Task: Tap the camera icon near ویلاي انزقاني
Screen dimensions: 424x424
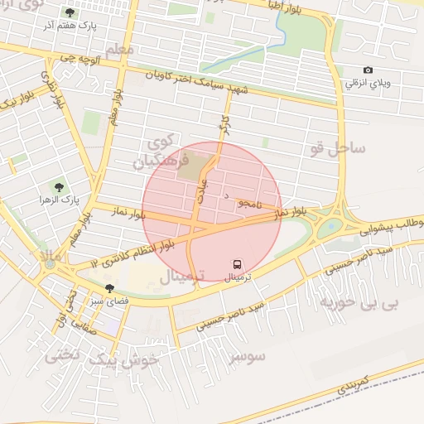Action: tap(368, 71)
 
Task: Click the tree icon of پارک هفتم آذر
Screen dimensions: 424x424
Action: tap(69, 12)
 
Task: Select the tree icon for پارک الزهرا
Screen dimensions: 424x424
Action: tap(58, 187)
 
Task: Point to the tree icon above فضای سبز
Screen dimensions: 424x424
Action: tap(109, 288)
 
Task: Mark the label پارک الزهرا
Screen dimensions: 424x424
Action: tap(58, 200)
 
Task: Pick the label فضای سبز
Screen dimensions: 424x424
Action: tap(109, 301)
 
